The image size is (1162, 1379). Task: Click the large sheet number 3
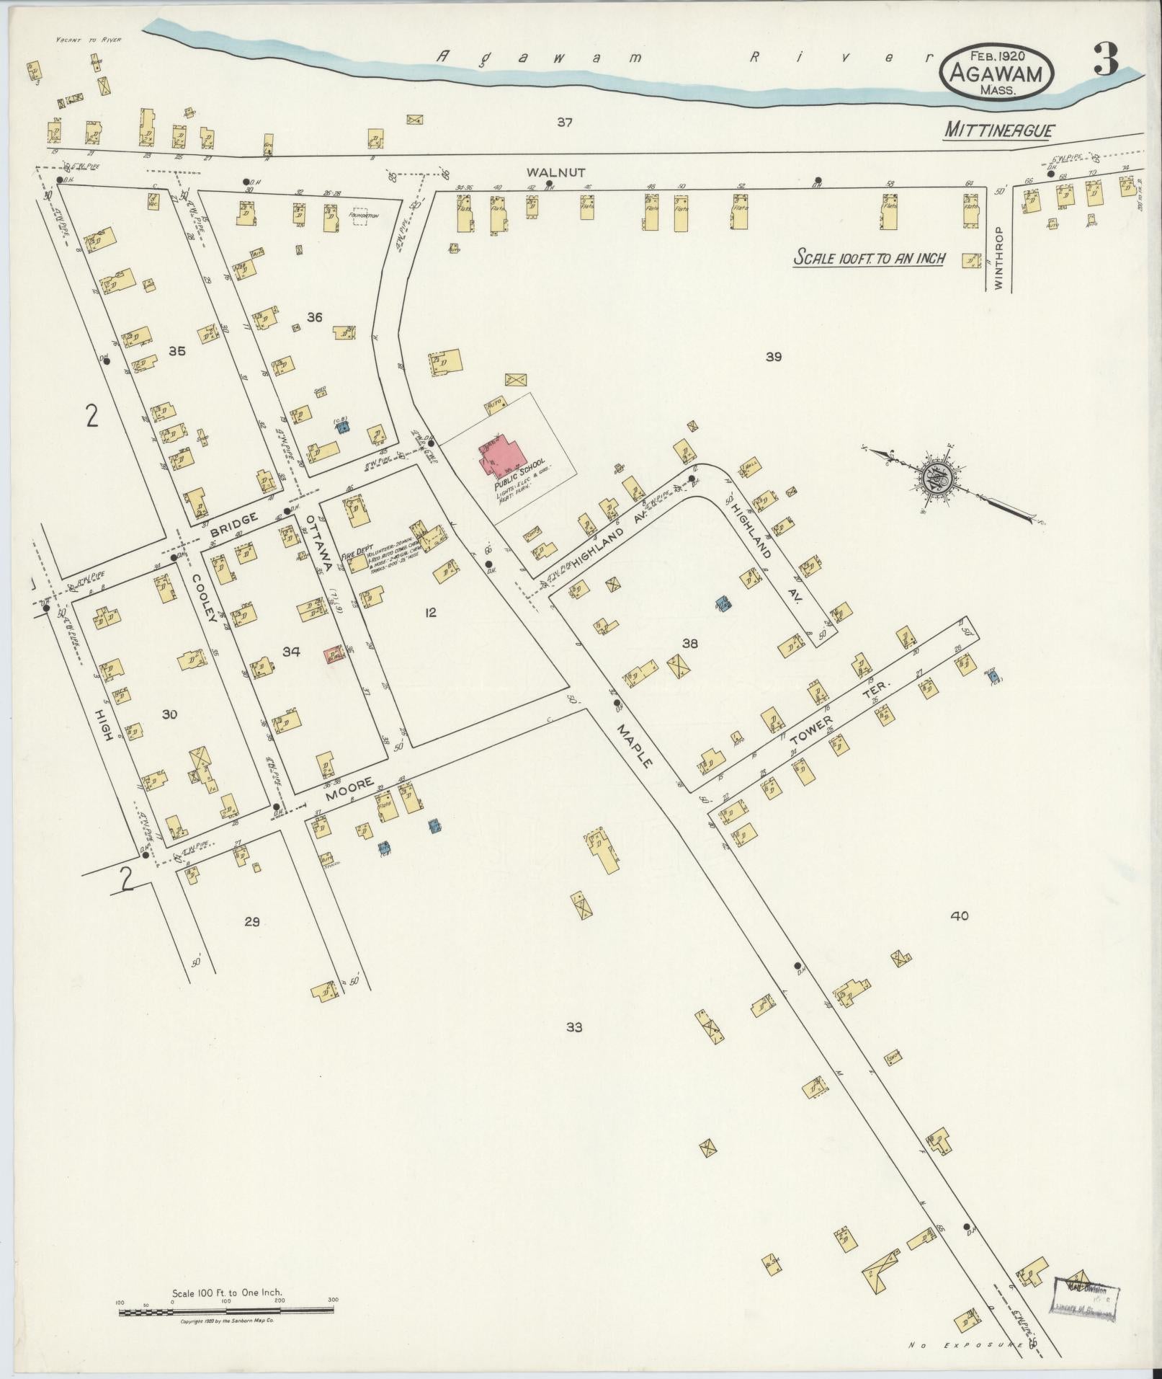click(1106, 61)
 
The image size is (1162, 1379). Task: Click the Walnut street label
click(545, 172)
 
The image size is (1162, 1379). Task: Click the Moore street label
click(349, 791)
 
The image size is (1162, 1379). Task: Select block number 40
click(959, 916)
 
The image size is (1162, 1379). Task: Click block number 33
click(573, 1027)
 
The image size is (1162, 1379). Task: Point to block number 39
click(774, 357)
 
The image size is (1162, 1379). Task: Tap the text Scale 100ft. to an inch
click(868, 257)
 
